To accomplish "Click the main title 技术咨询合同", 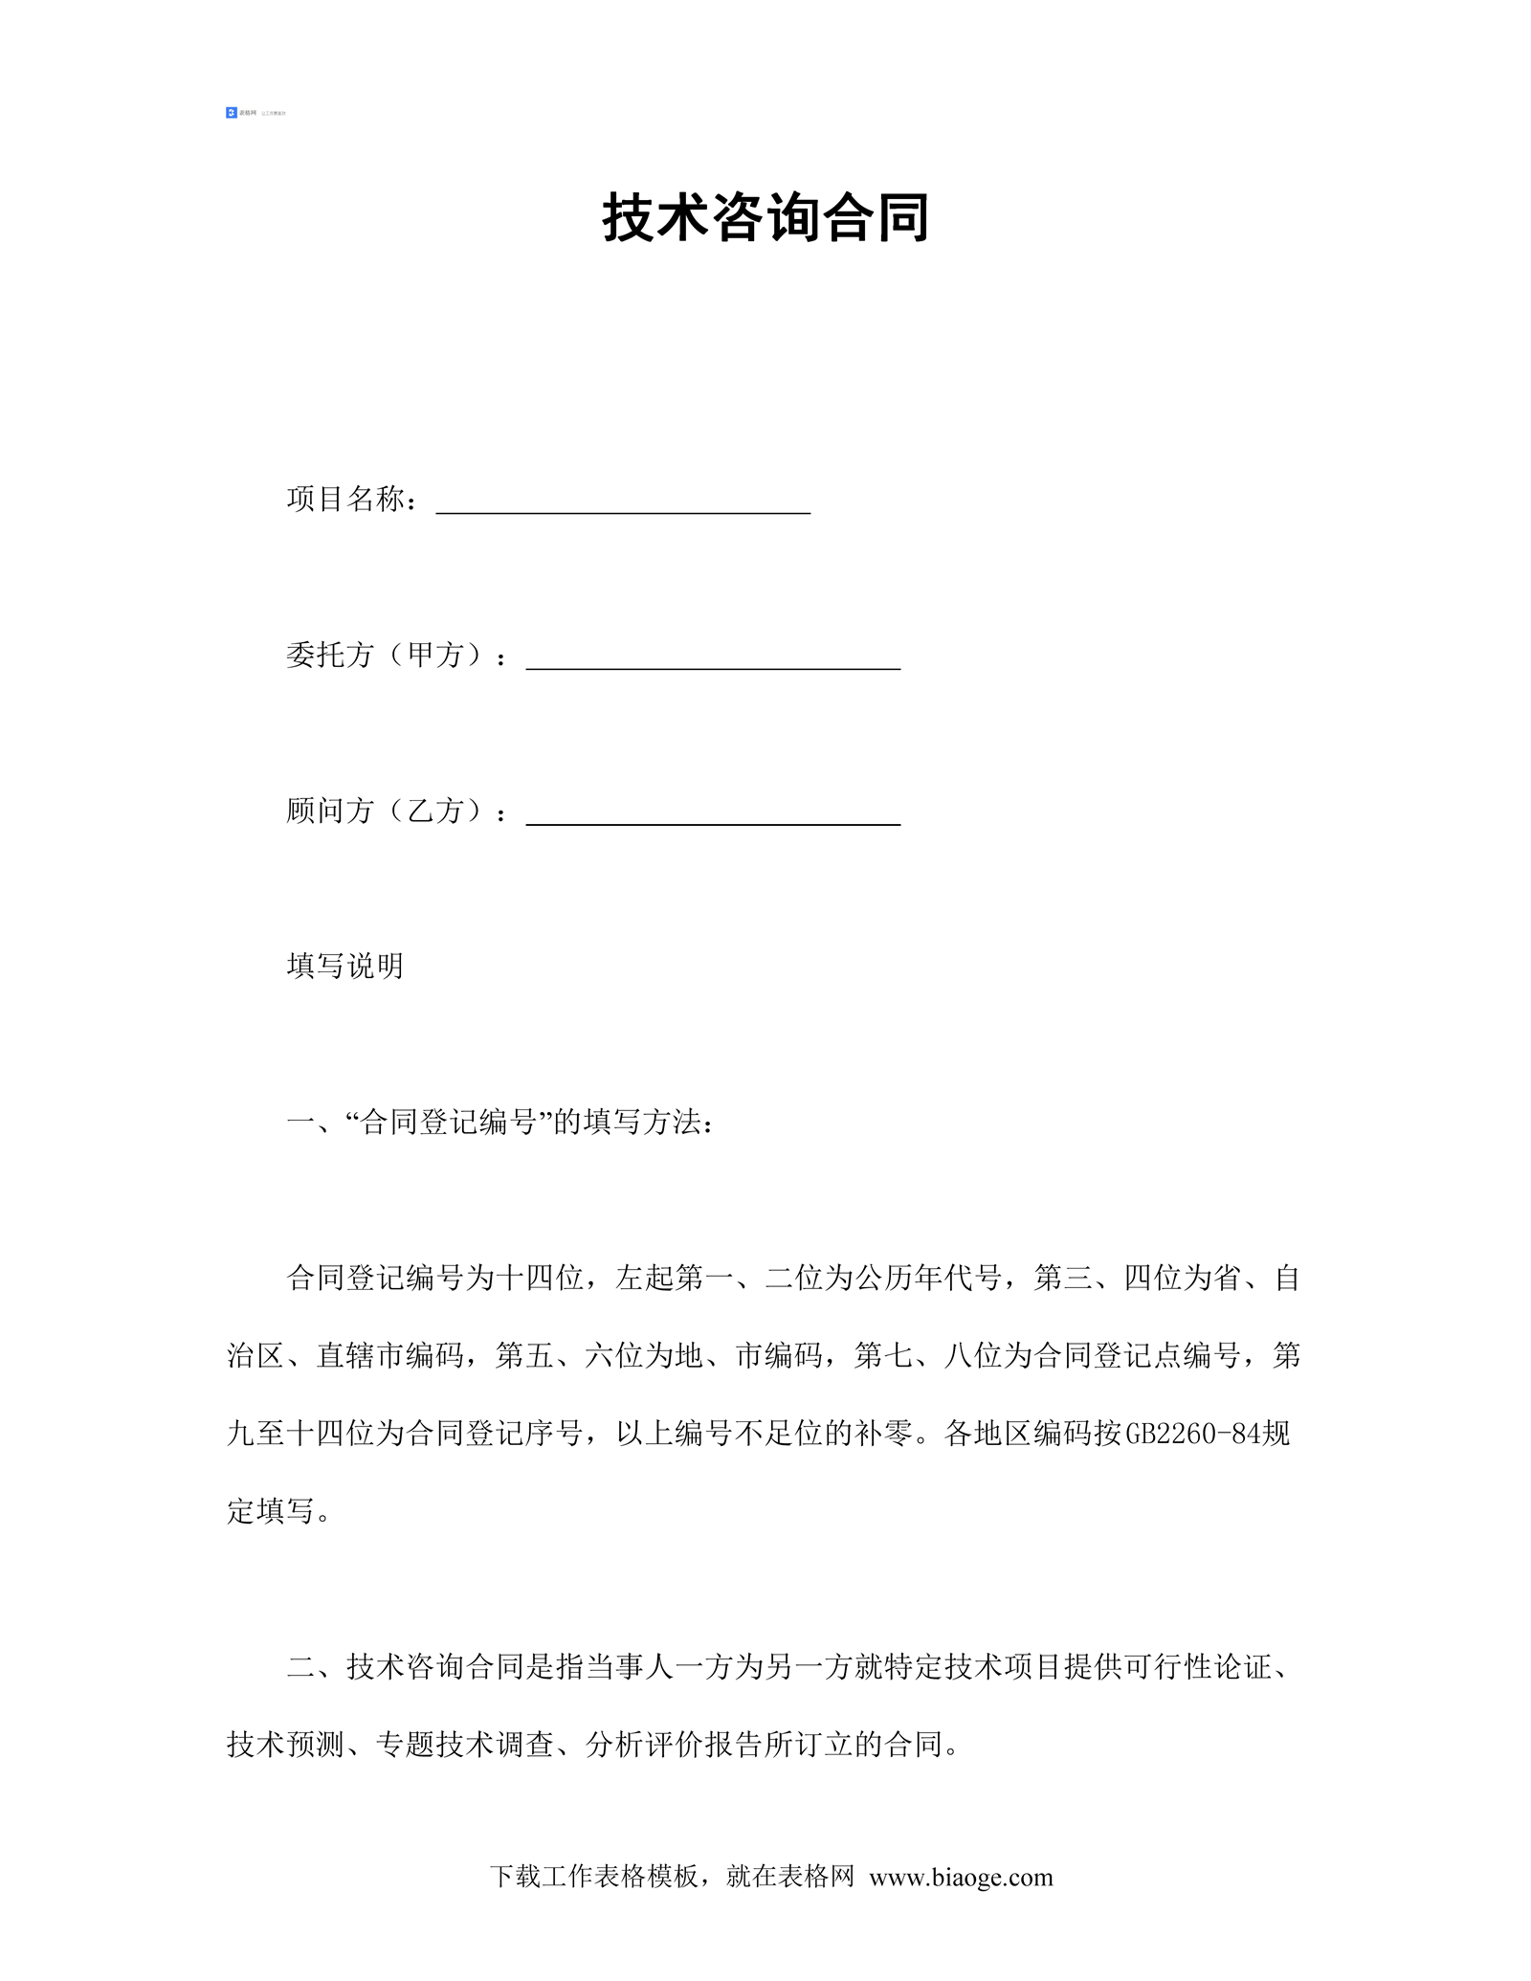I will point(765,218).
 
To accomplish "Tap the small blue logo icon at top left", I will point(231,113).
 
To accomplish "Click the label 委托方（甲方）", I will point(388,656).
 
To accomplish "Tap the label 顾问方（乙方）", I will point(388,812).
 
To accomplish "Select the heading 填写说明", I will point(345,967).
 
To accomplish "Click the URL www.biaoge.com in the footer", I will point(961,1878).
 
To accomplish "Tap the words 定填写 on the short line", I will point(271,1511).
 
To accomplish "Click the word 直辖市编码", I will point(389,1356).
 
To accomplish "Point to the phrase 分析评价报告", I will point(674,1745).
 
